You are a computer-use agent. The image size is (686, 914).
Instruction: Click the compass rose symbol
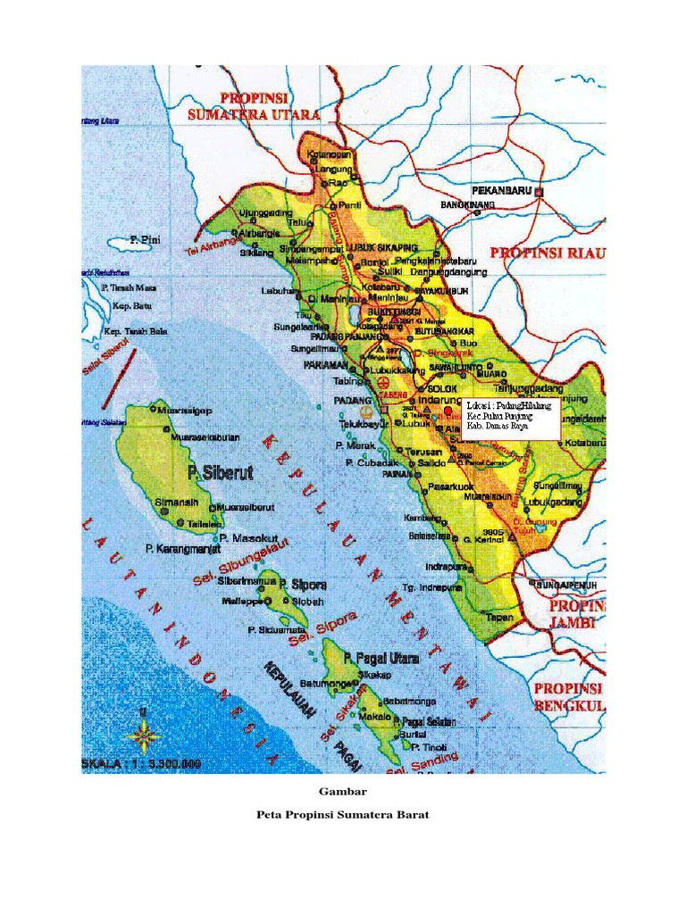(x=144, y=736)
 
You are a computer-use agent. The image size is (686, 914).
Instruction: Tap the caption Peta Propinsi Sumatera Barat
(x=342, y=814)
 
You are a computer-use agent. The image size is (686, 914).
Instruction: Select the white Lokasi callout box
(x=511, y=417)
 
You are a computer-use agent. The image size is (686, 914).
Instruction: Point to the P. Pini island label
(x=145, y=240)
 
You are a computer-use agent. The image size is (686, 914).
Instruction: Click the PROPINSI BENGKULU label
(x=570, y=698)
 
